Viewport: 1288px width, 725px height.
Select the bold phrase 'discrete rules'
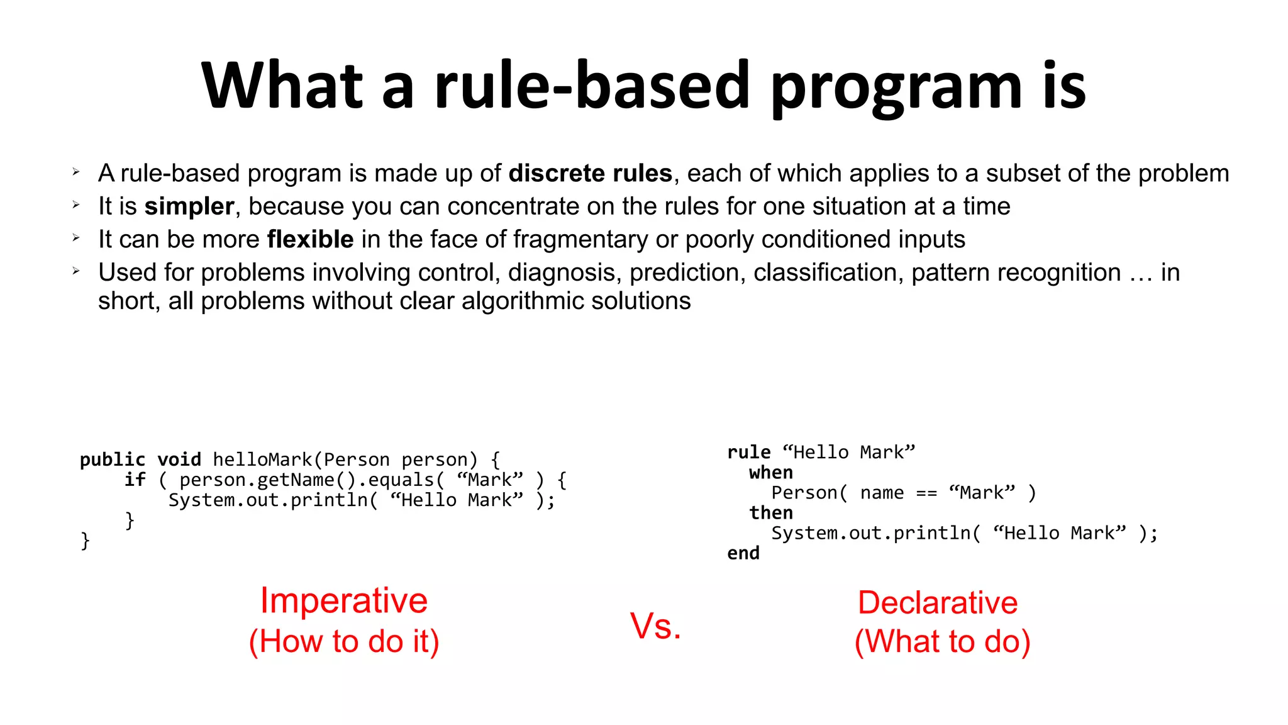tap(590, 173)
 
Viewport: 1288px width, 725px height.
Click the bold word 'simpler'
tap(189, 206)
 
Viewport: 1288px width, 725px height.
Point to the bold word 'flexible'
tap(310, 240)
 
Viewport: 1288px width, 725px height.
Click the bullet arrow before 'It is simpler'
tap(76, 205)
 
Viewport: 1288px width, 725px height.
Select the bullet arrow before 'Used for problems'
tap(76, 271)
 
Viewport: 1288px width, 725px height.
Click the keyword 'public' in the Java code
tap(112, 460)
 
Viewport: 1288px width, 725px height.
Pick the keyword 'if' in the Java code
tap(135, 480)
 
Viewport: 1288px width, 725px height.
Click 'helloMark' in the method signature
tap(262, 460)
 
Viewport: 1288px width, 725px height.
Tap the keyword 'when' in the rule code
tap(770, 473)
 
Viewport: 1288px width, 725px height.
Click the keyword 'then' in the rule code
tap(770, 513)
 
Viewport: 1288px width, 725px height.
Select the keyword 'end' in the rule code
tap(743, 553)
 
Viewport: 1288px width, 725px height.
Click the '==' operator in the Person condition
tap(926, 493)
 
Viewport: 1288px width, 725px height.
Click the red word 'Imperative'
tap(343, 600)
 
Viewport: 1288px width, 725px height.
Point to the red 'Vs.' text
tap(655, 626)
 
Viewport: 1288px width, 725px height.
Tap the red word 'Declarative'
tap(937, 603)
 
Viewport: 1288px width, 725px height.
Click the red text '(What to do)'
tap(942, 642)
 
